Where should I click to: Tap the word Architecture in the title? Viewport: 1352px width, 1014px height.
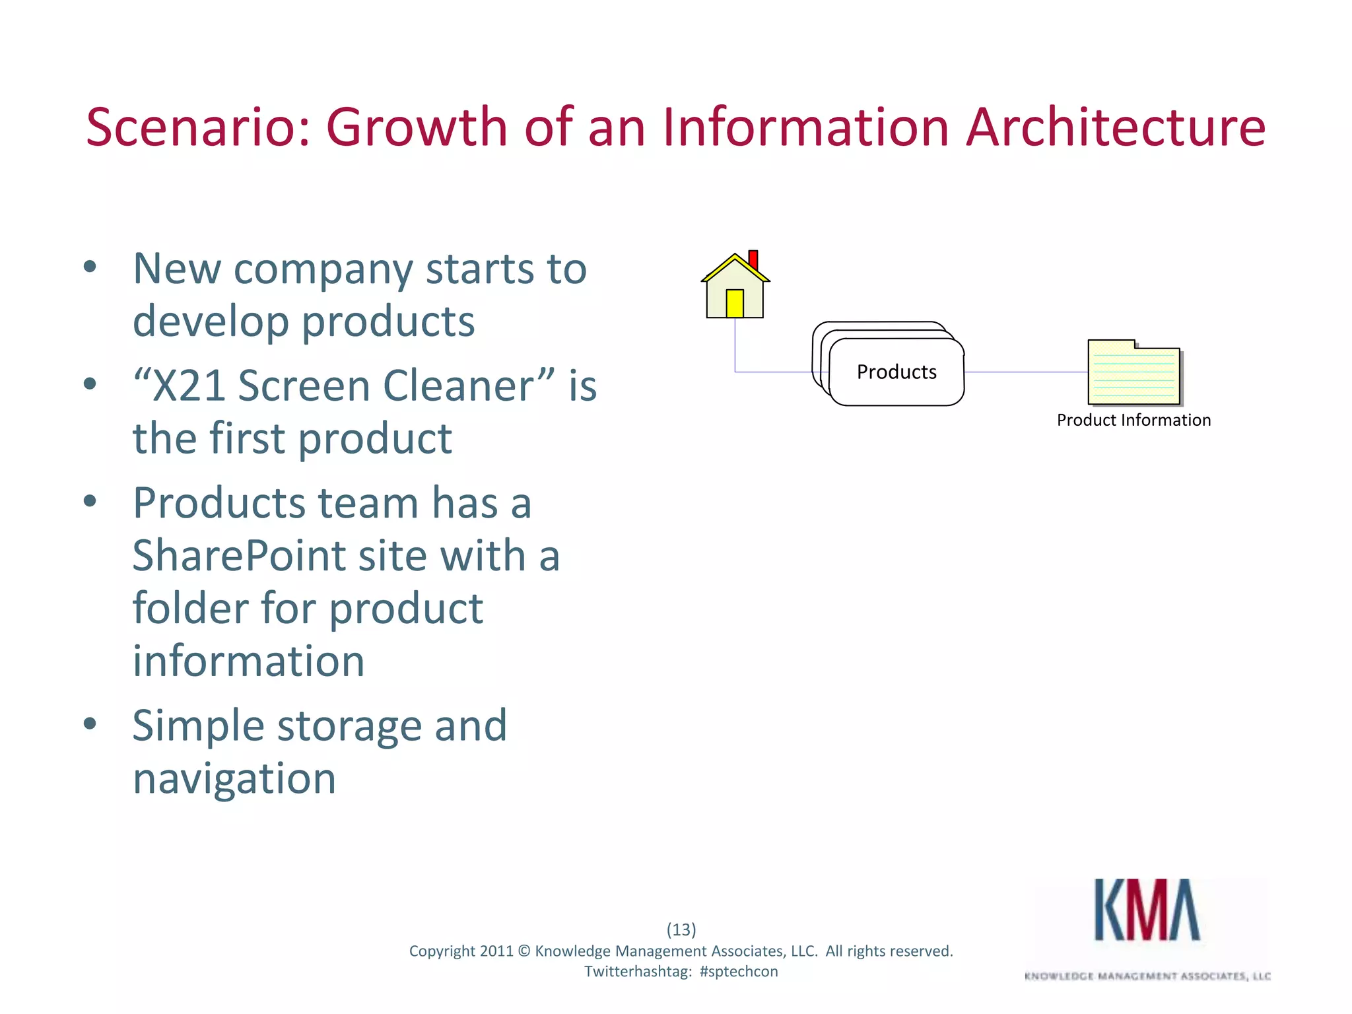tap(1115, 127)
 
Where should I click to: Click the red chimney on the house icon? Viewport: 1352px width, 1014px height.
tap(753, 259)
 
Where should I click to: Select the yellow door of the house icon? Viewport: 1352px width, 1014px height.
tap(735, 304)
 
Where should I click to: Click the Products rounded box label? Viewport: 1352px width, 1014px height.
tap(896, 372)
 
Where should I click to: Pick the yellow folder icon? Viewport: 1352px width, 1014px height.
tap(1133, 373)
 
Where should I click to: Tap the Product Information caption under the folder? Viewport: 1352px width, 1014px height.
tap(1133, 421)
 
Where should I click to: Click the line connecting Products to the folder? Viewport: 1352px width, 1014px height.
tap(1025, 372)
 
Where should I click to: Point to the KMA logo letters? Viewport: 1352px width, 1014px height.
tap(1147, 910)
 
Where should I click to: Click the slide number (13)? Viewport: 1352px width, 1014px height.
tap(681, 929)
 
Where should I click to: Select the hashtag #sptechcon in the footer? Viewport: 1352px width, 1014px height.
tap(739, 972)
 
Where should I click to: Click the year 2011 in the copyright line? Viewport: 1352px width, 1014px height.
tap(496, 951)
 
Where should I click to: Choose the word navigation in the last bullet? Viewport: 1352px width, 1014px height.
tap(234, 779)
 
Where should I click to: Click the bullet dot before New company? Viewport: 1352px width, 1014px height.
tap(90, 267)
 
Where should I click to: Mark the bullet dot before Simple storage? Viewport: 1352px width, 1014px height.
tap(90, 724)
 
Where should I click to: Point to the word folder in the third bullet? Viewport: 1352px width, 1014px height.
tap(191, 608)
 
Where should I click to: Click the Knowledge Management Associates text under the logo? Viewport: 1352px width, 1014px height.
tap(1147, 976)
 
